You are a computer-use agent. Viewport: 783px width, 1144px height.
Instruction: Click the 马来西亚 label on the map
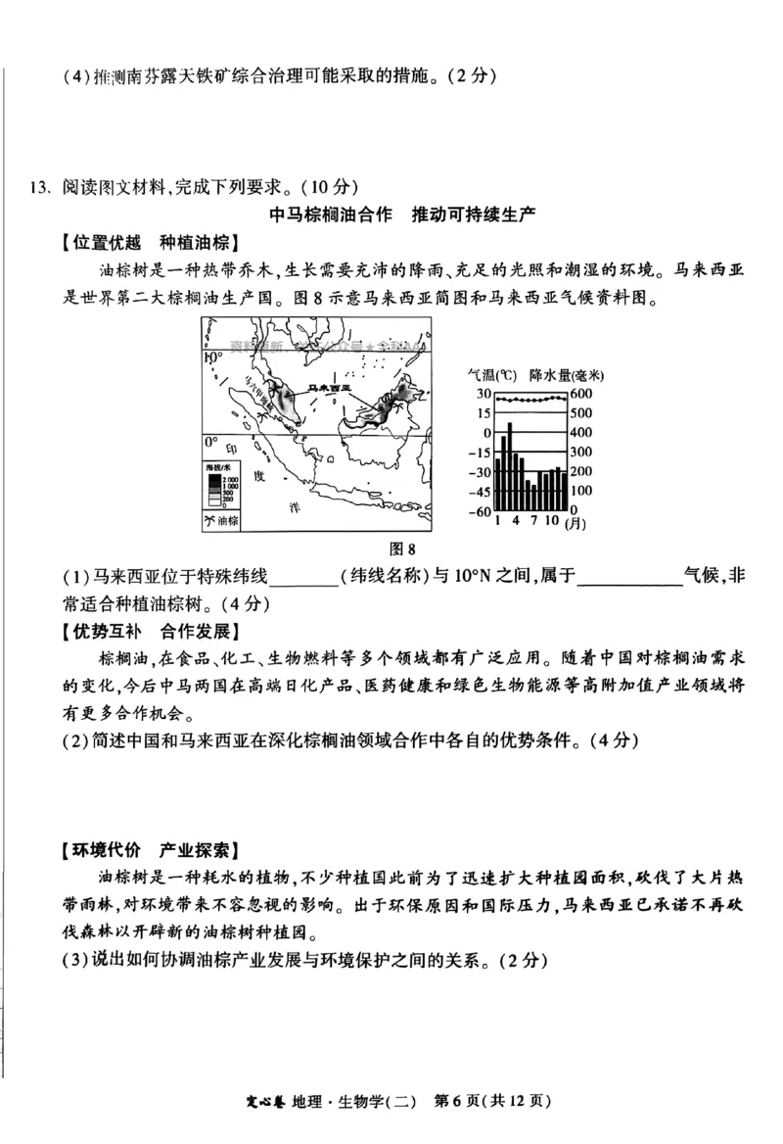tap(328, 388)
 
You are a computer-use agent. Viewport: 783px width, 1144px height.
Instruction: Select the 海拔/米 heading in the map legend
tap(218, 469)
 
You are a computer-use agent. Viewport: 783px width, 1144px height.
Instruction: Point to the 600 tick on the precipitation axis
tap(580, 393)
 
